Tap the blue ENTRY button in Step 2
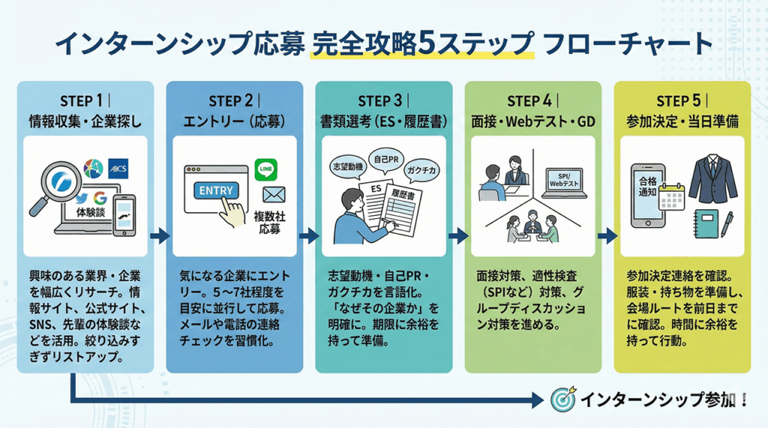coord(215,191)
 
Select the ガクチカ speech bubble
coord(422,170)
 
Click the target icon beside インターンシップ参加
coord(562,399)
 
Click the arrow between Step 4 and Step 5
coord(607,237)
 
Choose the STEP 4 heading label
coord(532,100)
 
